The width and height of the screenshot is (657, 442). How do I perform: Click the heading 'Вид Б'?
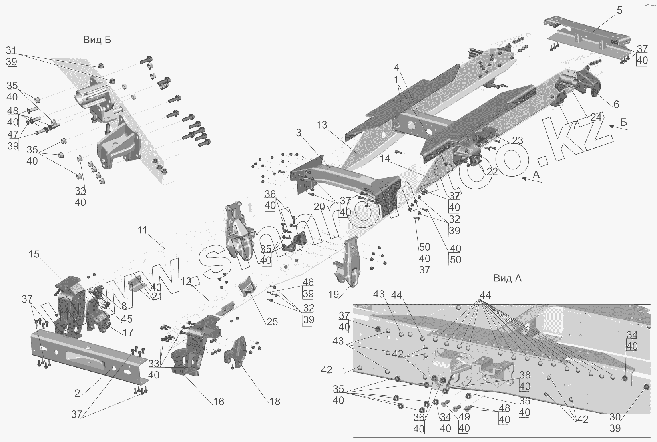click(x=97, y=40)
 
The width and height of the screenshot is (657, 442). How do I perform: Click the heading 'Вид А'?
click(x=507, y=278)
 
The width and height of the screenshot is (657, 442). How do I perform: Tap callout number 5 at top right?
click(x=619, y=10)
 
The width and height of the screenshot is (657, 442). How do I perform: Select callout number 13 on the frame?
click(x=321, y=125)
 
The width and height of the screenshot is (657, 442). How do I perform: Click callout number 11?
click(x=143, y=230)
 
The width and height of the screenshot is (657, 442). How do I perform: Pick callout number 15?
click(x=34, y=254)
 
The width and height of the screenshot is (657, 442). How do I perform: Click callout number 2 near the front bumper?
click(x=77, y=394)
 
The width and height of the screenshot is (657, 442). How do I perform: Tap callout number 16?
click(x=218, y=402)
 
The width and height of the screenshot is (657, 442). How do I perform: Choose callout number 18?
click(x=275, y=402)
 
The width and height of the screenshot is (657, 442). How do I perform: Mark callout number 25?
click(x=272, y=322)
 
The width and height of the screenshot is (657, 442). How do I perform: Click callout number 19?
click(x=333, y=295)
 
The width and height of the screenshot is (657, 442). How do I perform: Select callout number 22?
click(x=492, y=171)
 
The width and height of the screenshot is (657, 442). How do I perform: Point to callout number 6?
click(x=616, y=104)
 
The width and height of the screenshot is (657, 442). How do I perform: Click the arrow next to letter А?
click(x=530, y=180)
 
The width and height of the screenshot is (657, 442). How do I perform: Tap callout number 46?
click(x=308, y=283)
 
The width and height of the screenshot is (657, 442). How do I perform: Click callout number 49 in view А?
click(x=464, y=417)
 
